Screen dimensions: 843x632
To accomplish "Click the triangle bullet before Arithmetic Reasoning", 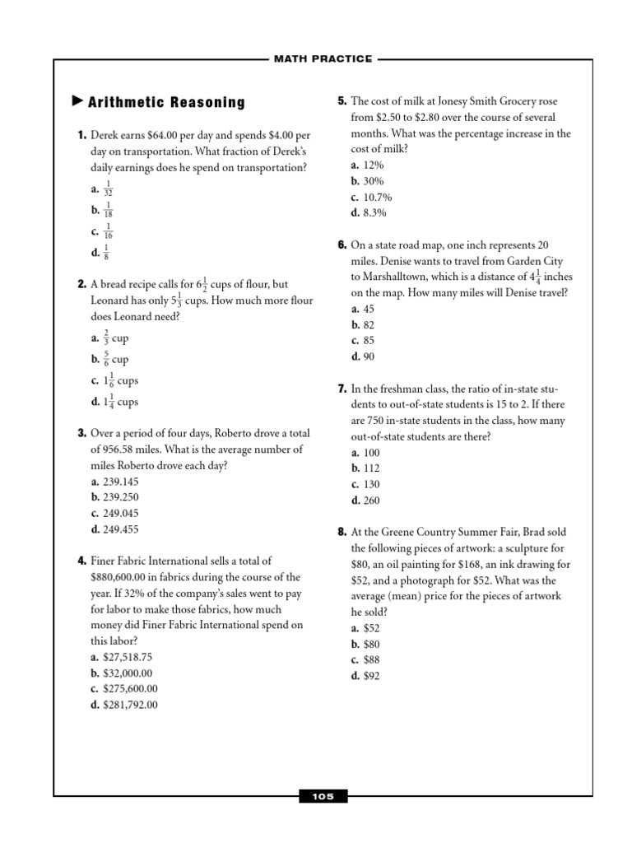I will click(78, 102).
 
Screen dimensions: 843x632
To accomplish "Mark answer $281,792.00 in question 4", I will click(130, 704).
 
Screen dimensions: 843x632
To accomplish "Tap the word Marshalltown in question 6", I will click(396, 277).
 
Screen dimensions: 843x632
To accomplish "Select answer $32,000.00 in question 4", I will click(124, 673).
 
